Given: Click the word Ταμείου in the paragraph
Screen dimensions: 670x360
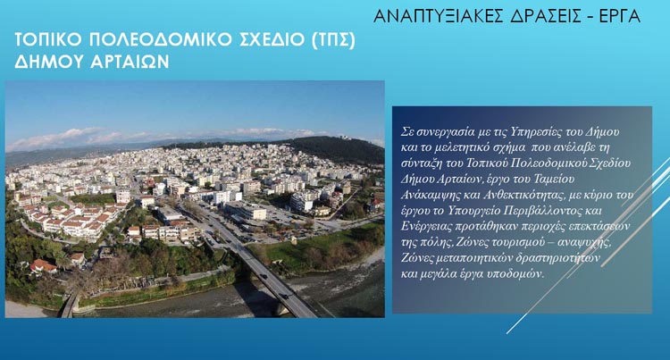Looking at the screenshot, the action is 552,180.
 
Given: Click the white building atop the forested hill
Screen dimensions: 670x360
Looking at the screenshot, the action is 345,138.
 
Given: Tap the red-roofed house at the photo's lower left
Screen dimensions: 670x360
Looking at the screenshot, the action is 43,265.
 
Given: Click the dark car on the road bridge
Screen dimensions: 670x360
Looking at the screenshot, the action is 283,295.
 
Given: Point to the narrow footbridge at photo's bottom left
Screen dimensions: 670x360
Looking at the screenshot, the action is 69,304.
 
